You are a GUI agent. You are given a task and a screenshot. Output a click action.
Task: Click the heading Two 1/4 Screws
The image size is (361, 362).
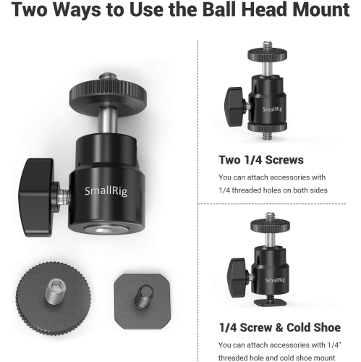pyautogui.click(x=261, y=160)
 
